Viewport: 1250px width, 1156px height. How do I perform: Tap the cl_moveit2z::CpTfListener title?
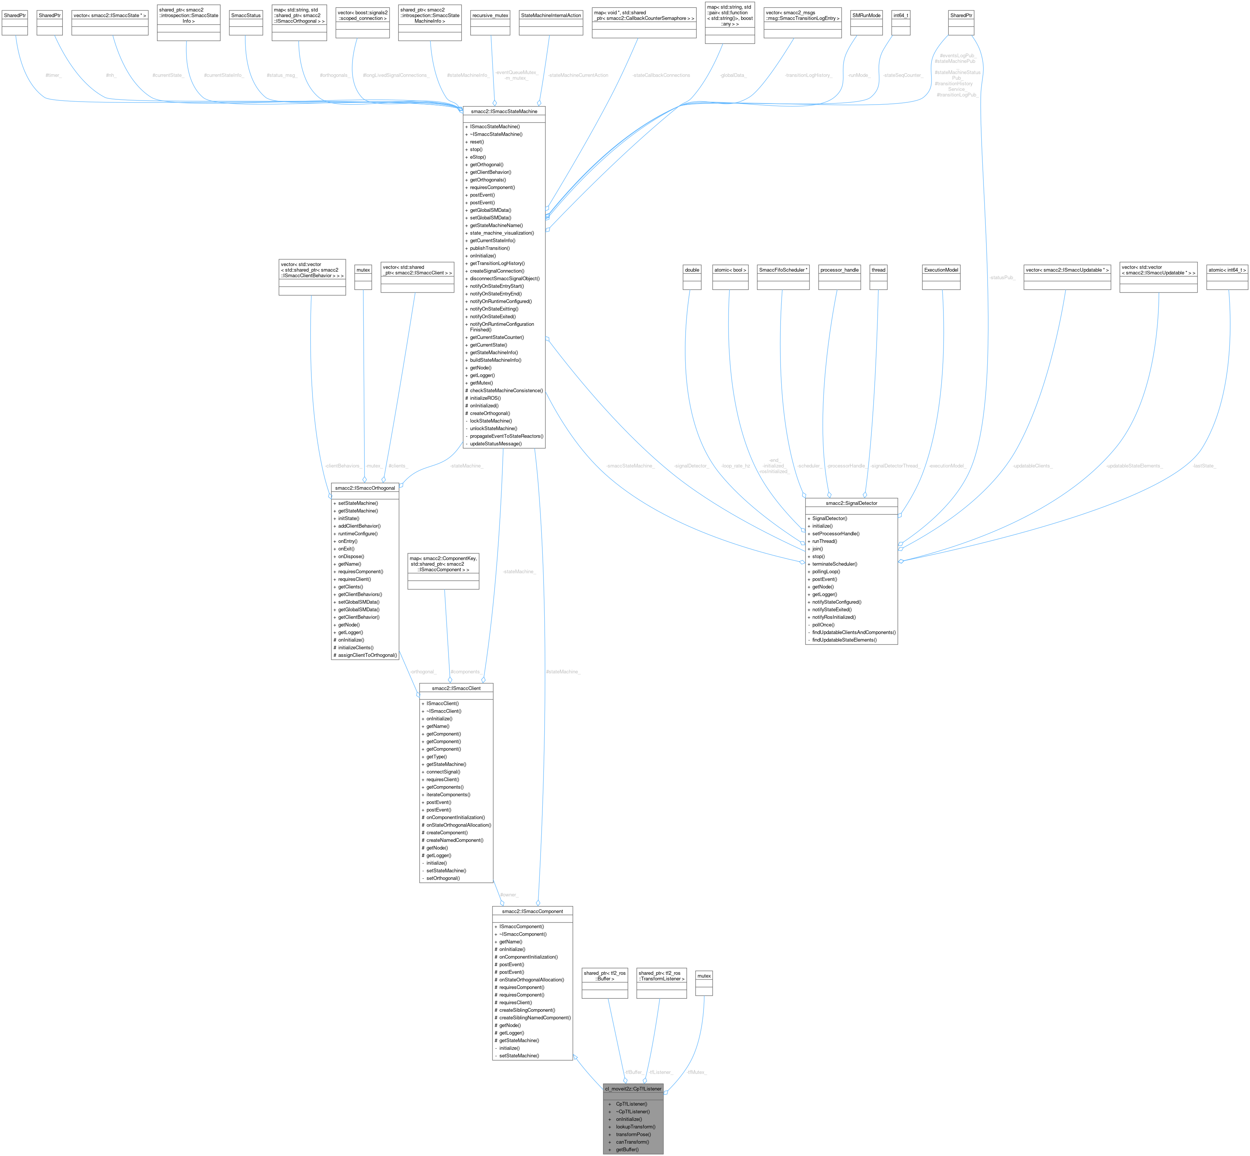(633, 1088)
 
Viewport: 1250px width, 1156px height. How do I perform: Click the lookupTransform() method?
(635, 1126)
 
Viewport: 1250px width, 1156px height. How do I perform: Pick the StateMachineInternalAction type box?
(551, 15)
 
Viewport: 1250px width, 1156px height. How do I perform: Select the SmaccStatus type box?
(245, 15)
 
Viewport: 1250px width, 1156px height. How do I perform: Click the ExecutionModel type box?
(941, 270)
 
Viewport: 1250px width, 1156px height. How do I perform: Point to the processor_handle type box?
(840, 270)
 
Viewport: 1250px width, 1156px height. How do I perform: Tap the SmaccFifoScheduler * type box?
(783, 270)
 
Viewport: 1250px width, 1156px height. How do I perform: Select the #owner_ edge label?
(509, 894)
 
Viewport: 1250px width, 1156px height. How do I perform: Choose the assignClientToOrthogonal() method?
(367, 655)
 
